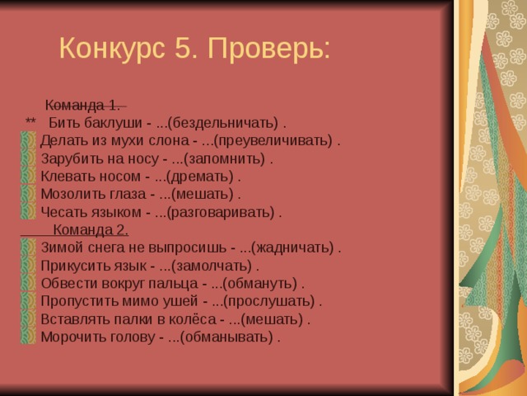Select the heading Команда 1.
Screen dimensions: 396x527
(x=82, y=106)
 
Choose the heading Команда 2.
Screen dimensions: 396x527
(x=90, y=229)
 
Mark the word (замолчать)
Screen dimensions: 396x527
(x=212, y=266)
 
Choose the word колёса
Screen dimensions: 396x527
(x=189, y=318)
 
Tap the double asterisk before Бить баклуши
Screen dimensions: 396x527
(x=31, y=124)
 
